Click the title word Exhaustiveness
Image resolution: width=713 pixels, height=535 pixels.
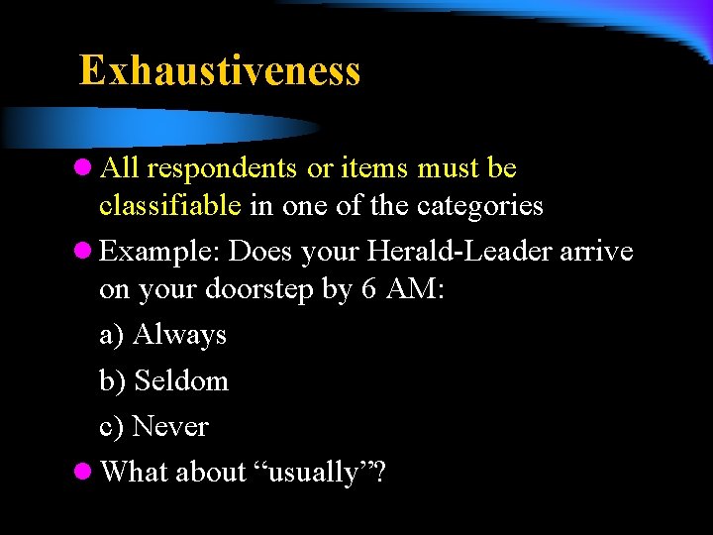[x=220, y=71]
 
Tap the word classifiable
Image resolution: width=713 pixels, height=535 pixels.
[x=170, y=205]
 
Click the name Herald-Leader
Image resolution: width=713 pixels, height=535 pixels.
[x=459, y=251]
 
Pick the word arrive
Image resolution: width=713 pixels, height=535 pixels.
[x=596, y=252]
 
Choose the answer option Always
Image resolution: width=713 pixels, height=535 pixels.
[x=179, y=335]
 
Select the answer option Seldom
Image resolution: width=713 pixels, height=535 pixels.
[x=181, y=380]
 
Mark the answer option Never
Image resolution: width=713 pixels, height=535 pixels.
[x=170, y=426]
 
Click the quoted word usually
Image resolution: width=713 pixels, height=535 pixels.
[x=314, y=473]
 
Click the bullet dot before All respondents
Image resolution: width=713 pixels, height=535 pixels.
[x=85, y=169]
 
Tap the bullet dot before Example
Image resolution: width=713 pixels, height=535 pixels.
[x=85, y=252]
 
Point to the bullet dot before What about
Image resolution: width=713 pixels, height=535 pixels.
[x=85, y=472]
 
